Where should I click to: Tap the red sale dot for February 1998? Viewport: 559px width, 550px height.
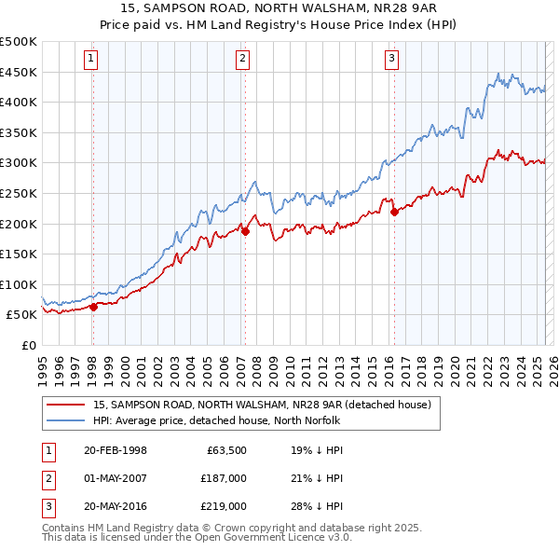click(x=93, y=307)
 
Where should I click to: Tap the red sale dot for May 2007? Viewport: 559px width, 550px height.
click(x=245, y=231)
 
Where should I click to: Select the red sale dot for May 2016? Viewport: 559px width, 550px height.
click(x=394, y=212)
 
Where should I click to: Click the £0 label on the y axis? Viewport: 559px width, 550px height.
click(x=28, y=345)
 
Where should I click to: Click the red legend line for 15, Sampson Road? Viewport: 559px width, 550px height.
click(x=65, y=406)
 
